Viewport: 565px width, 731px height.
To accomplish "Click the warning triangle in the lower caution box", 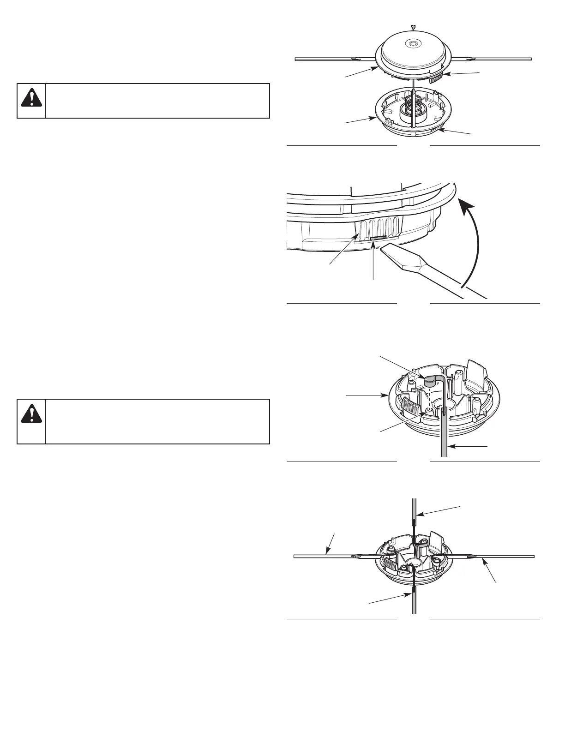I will (31, 415).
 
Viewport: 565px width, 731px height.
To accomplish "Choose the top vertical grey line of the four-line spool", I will (414, 517).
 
